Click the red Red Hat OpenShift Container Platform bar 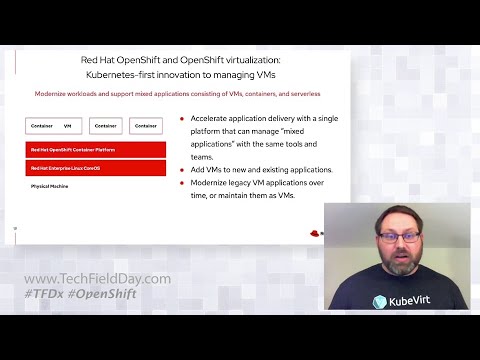pos(95,149)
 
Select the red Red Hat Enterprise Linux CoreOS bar pos(95,167)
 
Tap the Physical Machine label pos(47,187)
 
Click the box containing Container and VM pos(55,126)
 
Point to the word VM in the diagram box pos(68,126)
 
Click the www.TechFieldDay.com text pos(97,279)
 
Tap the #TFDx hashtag pos(45,294)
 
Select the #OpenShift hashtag pos(103,294)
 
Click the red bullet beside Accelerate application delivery pos(182,118)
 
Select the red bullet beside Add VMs pos(182,170)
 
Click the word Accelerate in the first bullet pos(213,118)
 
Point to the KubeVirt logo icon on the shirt pos(380,301)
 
